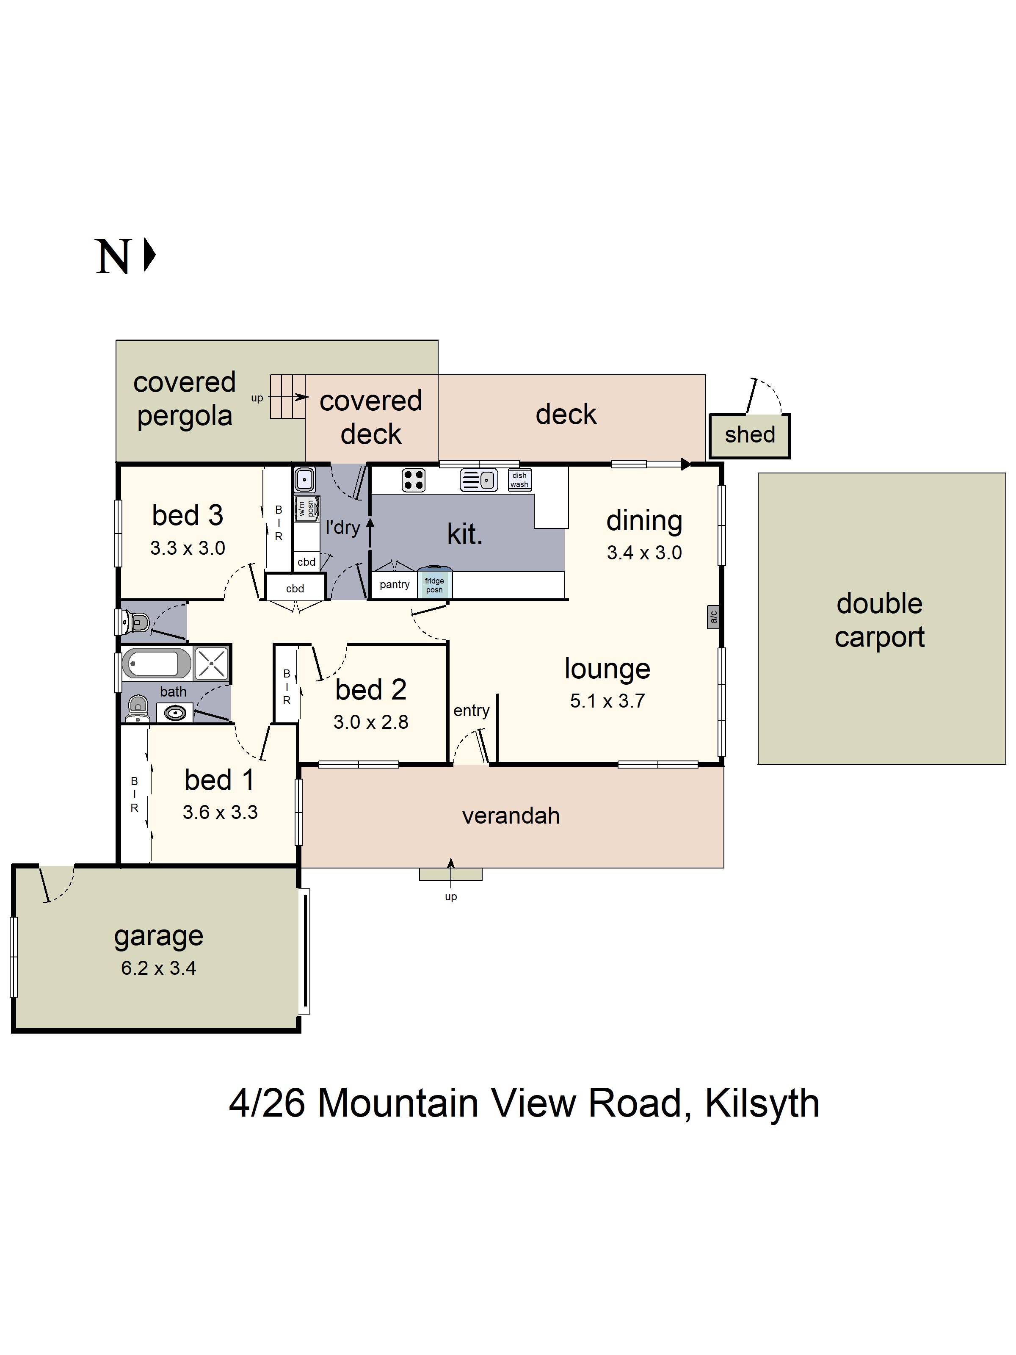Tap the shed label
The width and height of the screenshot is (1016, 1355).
coord(750,435)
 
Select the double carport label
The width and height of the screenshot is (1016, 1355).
coord(879,620)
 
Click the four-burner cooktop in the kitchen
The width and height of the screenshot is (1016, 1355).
coord(413,480)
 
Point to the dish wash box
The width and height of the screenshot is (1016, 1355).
coord(519,480)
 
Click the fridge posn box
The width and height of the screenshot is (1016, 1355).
coord(434,584)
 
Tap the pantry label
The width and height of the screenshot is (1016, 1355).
coord(395,584)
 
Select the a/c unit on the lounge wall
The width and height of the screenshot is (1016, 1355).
coord(713,616)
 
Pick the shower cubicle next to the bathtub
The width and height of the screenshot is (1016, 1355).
coord(211,663)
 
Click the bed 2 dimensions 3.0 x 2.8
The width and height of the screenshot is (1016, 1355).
coord(370,722)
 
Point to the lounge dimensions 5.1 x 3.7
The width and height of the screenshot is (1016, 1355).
coord(607,701)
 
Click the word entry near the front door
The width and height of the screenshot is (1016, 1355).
coord(471,711)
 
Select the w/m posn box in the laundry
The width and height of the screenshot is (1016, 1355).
coord(306,509)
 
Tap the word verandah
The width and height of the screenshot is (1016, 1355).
coord(511,816)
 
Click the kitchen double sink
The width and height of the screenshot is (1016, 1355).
coord(479,480)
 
